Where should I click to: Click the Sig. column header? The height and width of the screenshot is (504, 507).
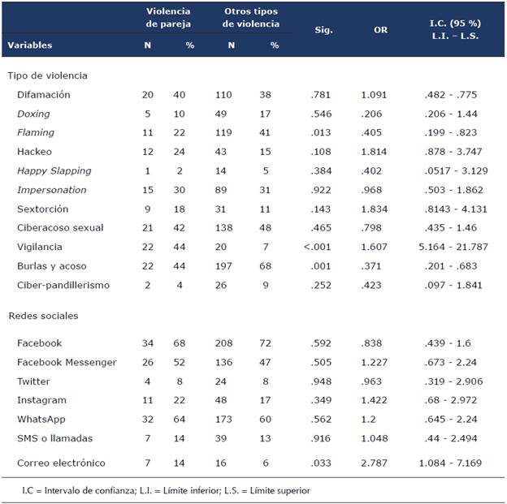[324, 29]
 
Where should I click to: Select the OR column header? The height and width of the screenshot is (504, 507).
[380, 29]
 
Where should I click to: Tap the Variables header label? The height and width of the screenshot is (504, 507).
[30, 45]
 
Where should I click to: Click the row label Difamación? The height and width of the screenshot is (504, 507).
[43, 95]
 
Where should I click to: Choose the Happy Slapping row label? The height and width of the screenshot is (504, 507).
[54, 170]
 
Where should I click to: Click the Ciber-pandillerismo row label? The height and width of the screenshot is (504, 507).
[63, 284]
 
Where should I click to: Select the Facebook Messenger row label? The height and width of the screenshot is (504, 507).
[67, 362]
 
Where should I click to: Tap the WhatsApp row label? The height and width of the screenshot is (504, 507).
[41, 419]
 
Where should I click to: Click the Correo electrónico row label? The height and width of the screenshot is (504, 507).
[60, 463]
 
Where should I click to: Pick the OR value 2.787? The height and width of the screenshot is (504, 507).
[375, 463]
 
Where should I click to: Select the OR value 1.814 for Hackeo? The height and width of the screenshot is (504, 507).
[375, 152]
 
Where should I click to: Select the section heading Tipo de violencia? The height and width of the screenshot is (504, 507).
[47, 75]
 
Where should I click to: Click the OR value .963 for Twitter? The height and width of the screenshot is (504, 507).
[375, 381]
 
